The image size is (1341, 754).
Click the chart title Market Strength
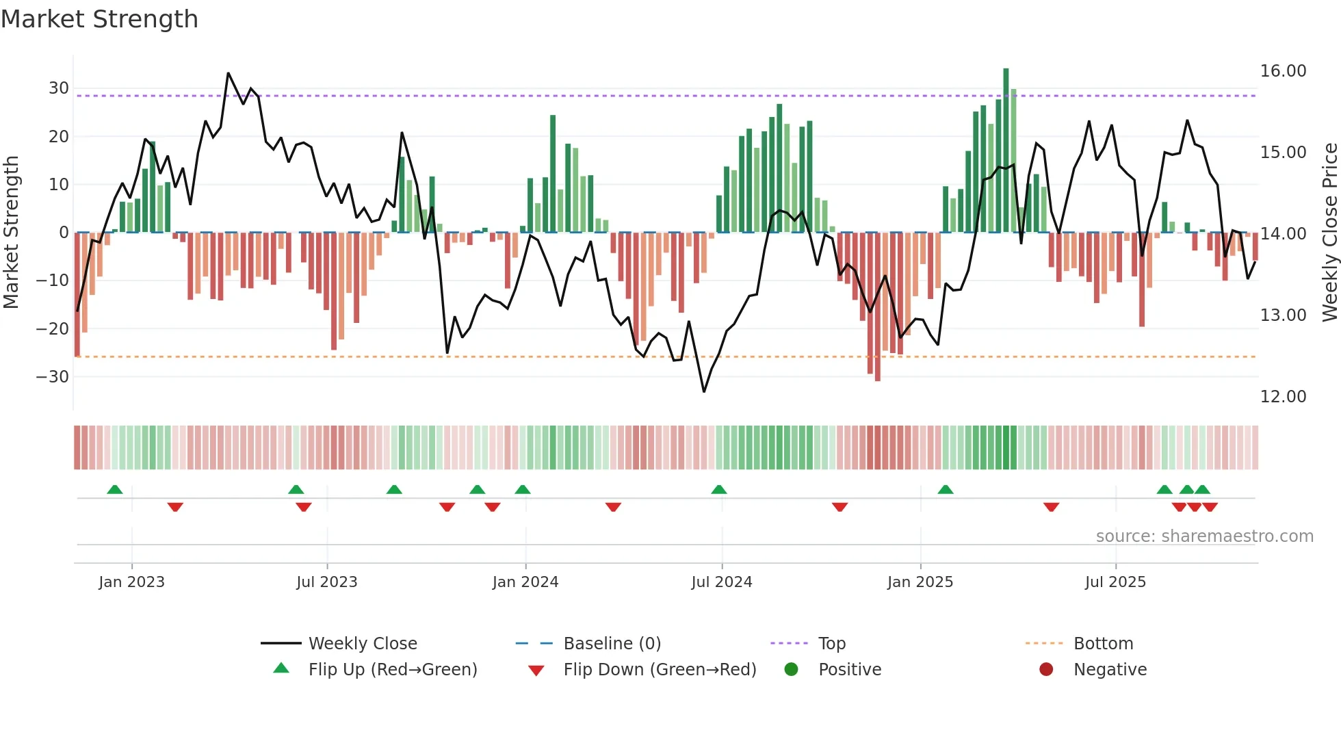(99, 19)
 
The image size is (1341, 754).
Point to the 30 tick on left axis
(58, 88)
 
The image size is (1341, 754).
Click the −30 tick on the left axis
(53, 377)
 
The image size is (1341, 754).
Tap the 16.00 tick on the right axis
(1283, 71)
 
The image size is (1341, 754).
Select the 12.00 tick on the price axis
(1283, 397)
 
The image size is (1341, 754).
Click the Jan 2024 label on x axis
(525, 582)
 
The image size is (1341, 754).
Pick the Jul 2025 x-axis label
(1115, 582)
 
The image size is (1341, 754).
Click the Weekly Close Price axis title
(1329, 233)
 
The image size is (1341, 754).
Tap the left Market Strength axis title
(11, 233)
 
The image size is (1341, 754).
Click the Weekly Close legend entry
(362, 644)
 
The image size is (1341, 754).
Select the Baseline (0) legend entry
(612, 644)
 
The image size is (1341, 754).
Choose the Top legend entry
(831, 644)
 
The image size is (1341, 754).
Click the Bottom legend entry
(1103, 644)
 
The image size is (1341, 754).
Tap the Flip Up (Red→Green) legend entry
(392, 670)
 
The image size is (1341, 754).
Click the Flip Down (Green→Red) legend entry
(659, 670)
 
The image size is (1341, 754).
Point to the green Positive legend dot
(791, 670)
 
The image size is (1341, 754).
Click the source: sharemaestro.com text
(1204, 536)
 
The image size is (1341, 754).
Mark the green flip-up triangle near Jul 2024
(718, 490)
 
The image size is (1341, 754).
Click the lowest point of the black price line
(703, 391)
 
